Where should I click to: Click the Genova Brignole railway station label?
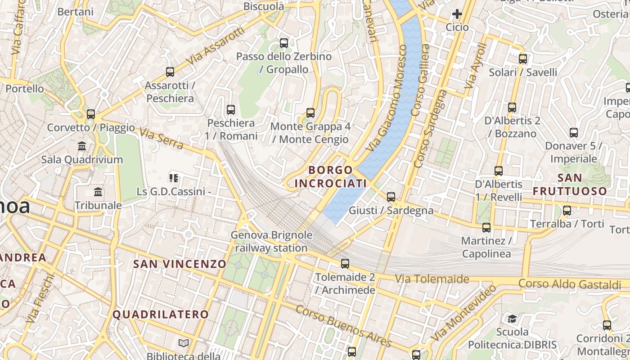pyautogui.click(x=271, y=242)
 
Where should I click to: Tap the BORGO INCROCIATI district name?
pyautogui.click(x=330, y=177)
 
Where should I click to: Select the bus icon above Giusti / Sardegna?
pyautogui.click(x=391, y=197)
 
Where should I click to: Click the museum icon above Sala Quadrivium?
pyautogui.click(x=82, y=146)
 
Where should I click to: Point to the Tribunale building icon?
pyautogui.click(x=98, y=192)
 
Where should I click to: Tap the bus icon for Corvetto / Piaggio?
pyautogui.click(x=91, y=114)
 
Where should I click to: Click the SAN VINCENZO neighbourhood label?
pyautogui.click(x=180, y=264)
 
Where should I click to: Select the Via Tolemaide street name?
pyautogui.click(x=432, y=279)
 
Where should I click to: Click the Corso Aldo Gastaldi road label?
pyautogui.click(x=570, y=284)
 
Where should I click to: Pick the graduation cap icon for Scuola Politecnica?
pyautogui.click(x=512, y=319)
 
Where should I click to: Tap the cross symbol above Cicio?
pyautogui.click(x=457, y=14)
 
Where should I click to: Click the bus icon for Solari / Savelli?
pyautogui.click(x=523, y=59)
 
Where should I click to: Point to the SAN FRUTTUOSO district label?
pyautogui.click(x=570, y=184)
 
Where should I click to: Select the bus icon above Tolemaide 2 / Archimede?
pyautogui.click(x=345, y=264)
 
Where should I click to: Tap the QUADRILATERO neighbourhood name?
pyautogui.click(x=161, y=315)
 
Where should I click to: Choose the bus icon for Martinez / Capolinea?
pyautogui.click(x=486, y=228)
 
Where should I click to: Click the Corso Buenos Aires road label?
pyautogui.click(x=343, y=326)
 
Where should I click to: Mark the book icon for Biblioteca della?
pyautogui.click(x=184, y=343)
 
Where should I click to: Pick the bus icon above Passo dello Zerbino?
pyautogui.click(x=284, y=43)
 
